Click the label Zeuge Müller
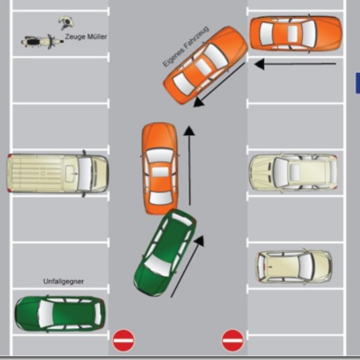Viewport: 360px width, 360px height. [x=86, y=37]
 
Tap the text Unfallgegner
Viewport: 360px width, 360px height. [x=64, y=282]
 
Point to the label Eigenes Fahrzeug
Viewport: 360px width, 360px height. [x=186, y=47]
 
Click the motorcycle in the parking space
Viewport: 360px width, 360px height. [x=42, y=41]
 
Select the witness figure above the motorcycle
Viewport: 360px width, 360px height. [x=66, y=22]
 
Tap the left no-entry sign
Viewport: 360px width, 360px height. [x=123, y=341]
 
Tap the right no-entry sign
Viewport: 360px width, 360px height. [x=233, y=341]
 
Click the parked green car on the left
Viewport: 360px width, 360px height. [x=60, y=314]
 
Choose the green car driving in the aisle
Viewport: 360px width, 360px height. [x=165, y=252]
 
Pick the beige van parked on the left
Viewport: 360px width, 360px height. [x=57, y=173]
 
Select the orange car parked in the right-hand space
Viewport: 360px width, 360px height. [x=296, y=33]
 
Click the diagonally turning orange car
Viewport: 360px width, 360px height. [x=205, y=66]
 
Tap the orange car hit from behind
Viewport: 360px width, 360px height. [x=160, y=168]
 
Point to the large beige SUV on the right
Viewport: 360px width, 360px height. [x=294, y=172]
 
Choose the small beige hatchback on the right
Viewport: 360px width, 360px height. [x=294, y=266]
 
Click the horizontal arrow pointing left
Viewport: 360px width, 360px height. [x=295, y=64]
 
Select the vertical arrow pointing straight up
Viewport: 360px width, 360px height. [x=189, y=165]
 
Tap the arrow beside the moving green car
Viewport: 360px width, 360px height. [x=187, y=266]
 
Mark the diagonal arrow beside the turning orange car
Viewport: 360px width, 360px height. [x=219, y=84]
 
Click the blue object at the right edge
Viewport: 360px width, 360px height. [x=358, y=83]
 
